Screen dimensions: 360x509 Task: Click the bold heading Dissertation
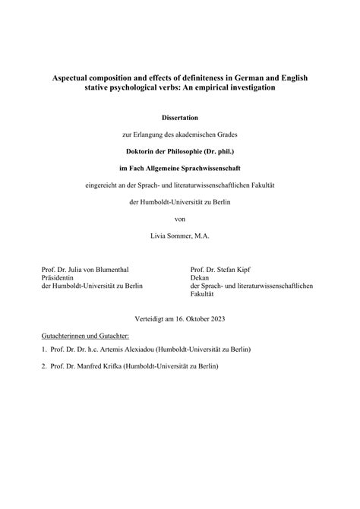coord(179,117)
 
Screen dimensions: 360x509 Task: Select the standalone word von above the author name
coord(179,219)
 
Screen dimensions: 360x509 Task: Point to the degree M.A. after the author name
coord(199,236)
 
